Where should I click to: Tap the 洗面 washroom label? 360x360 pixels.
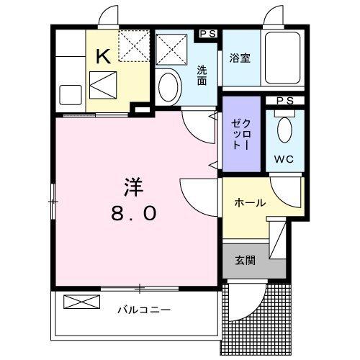(x=202, y=76)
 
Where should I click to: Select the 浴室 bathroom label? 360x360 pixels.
(x=240, y=58)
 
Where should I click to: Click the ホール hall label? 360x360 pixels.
(x=249, y=203)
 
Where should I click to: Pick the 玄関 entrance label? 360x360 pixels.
(x=244, y=261)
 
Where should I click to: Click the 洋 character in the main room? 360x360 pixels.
(x=133, y=186)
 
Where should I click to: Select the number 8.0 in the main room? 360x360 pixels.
(x=134, y=214)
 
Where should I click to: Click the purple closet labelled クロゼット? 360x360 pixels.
(x=240, y=135)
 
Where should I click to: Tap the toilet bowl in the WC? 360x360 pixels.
(x=284, y=130)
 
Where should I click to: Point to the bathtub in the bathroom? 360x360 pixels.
(x=284, y=58)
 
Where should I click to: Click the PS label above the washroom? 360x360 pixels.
(x=208, y=33)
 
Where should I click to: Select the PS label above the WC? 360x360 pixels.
(x=284, y=100)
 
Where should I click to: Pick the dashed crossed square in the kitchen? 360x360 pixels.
(x=133, y=46)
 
